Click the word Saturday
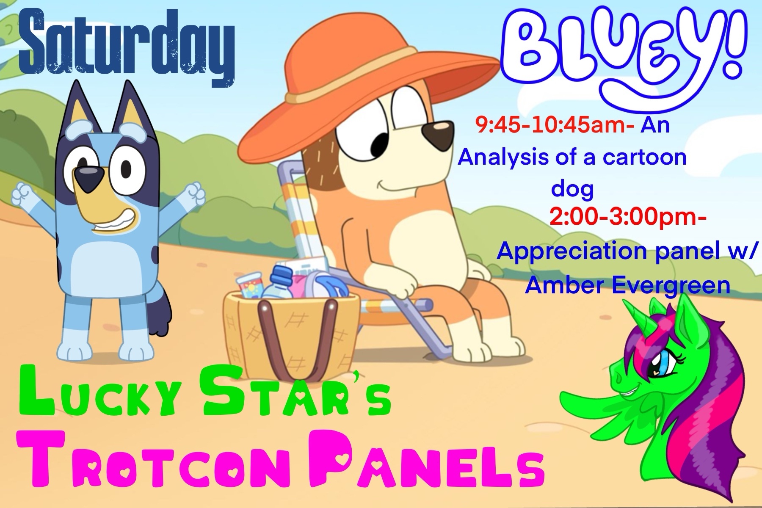point(127,47)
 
